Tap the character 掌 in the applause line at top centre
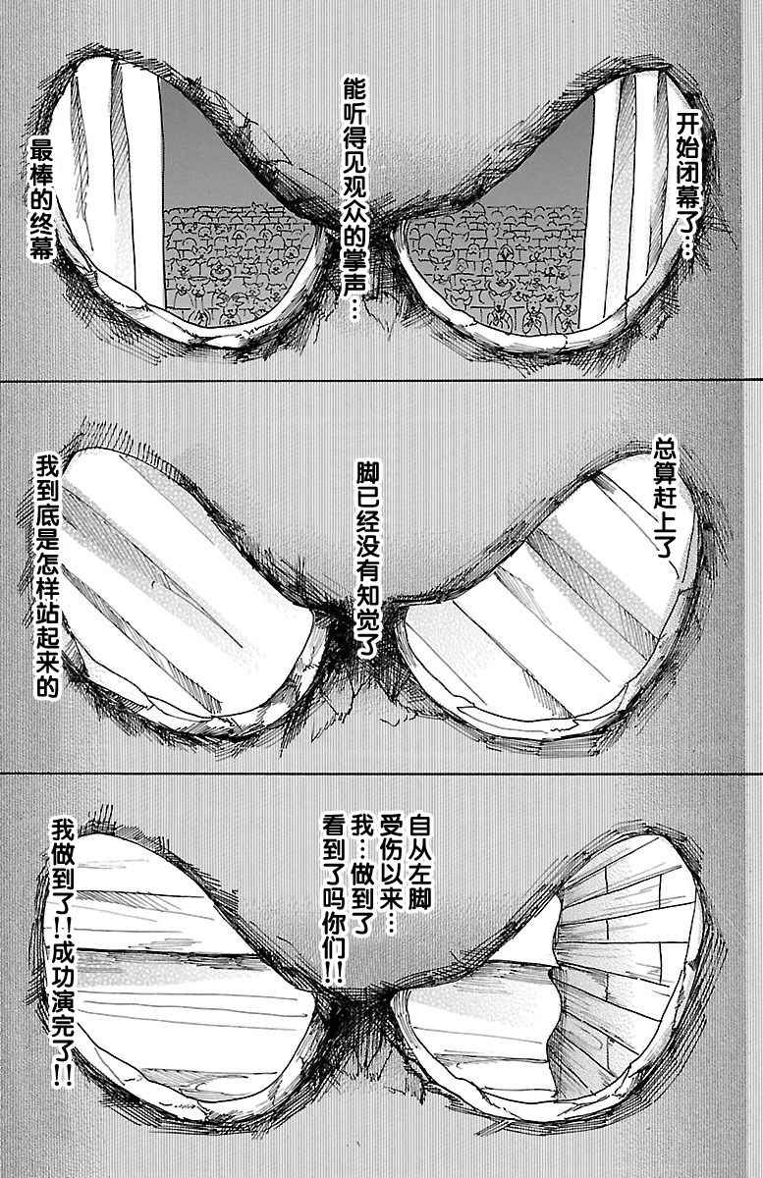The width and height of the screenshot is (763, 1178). click(355, 257)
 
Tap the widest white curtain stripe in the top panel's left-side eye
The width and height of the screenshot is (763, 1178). click(141, 179)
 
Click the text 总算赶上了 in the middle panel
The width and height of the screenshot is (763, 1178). click(663, 505)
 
